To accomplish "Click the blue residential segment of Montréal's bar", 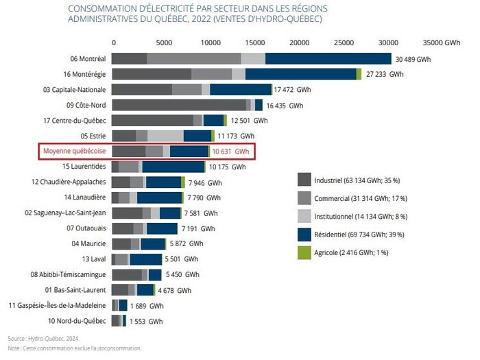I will coord(328,59).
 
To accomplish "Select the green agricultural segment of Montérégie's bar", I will coord(359,74).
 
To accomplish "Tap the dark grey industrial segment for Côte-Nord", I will coord(178,105).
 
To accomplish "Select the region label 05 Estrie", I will coord(93,136).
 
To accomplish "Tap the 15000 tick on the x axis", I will coord(254,42).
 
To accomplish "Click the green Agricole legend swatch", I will coord(304,252).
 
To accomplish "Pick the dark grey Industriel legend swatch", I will coord(304,180).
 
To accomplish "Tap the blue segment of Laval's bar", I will coord(145,259).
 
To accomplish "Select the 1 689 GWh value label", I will coord(147,306).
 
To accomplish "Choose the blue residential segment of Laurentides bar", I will coord(173,167).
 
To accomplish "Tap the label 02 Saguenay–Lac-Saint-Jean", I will coord(65,213).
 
